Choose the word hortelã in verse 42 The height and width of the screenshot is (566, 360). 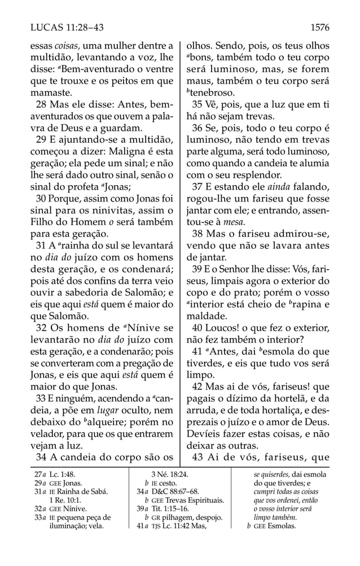[280, 397]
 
